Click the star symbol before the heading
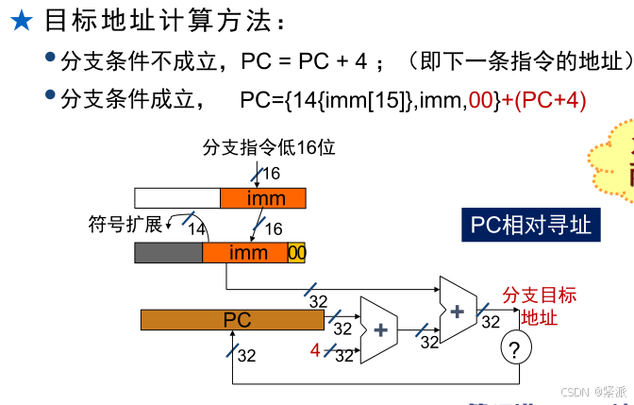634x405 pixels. [x=21, y=22]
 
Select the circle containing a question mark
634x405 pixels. [x=514, y=351]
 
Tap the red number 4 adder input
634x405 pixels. [x=316, y=351]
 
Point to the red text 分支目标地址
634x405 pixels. [x=539, y=306]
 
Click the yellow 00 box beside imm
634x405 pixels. [x=296, y=253]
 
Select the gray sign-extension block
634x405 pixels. [x=169, y=253]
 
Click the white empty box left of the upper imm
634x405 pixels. [x=177, y=198]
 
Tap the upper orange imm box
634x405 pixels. [x=264, y=198]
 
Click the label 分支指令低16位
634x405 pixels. [x=269, y=147]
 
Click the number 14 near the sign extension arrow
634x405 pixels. [x=196, y=229]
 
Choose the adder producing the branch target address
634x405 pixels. [x=459, y=309]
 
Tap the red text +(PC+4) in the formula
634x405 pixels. [x=542, y=99]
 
